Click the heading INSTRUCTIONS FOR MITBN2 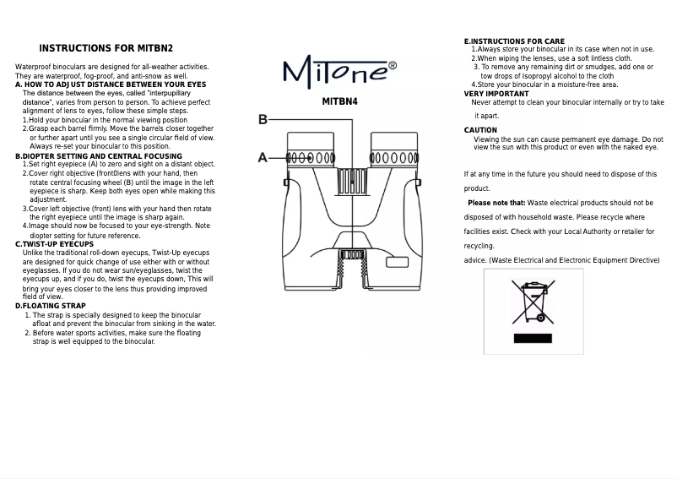click(x=106, y=48)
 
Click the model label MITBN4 click(x=340, y=102)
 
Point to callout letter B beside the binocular click(x=263, y=119)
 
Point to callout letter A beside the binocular click(x=263, y=157)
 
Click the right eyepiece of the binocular click(x=395, y=158)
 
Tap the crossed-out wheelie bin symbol click(x=533, y=302)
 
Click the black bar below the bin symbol click(x=533, y=338)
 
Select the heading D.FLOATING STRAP click(x=51, y=306)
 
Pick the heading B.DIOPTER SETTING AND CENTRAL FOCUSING click(x=99, y=156)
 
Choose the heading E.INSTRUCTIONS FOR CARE click(x=514, y=41)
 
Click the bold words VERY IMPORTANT click(x=496, y=94)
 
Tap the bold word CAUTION click(x=481, y=130)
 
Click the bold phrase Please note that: click(x=496, y=203)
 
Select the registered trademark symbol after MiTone click(x=392, y=64)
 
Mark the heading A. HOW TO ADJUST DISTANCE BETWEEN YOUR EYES click(x=111, y=84)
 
